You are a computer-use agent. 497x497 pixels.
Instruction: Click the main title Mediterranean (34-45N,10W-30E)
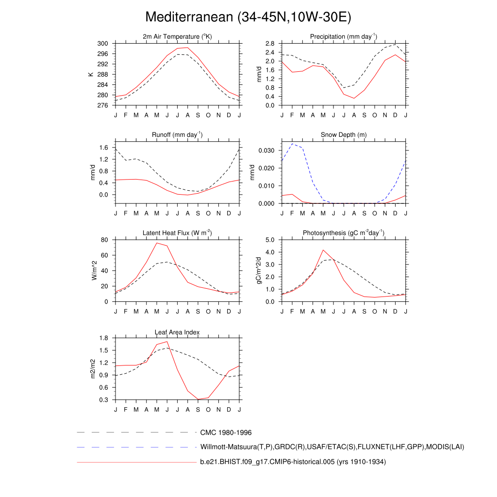point(248,17)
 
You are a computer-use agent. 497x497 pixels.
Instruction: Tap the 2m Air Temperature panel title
point(177,37)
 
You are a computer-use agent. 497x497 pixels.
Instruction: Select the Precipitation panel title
point(344,37)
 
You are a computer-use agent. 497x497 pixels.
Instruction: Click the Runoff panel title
point(177,134)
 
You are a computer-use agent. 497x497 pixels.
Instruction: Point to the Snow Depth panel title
point(344,134)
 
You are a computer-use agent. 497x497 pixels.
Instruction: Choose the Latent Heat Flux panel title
point(177,233)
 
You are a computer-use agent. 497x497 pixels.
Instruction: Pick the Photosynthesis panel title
point(344,233)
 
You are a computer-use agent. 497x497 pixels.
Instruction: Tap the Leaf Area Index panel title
point(177,332)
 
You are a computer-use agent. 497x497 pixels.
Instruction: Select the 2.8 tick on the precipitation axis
point(271,44)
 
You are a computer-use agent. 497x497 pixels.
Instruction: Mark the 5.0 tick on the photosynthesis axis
point(271,240)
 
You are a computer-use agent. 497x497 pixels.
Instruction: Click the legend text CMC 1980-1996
point(226,432)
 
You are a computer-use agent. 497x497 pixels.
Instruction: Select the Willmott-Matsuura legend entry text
point(332,447)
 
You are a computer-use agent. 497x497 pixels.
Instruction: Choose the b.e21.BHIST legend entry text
point(293,462)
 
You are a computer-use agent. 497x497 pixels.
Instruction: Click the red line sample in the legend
point(136,463)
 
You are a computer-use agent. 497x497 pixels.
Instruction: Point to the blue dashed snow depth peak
point(292,144)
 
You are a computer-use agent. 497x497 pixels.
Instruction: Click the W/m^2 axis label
point(94,270)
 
